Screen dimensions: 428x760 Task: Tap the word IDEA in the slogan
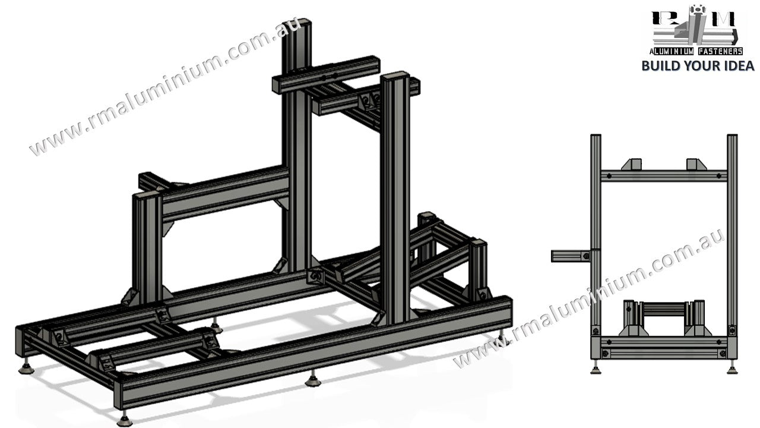[x=737, y=65]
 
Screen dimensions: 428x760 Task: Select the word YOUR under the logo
[x=699, y=65]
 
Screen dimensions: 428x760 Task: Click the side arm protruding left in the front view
[x=571, y=256]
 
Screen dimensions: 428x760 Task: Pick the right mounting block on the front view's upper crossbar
[x=695, y=165]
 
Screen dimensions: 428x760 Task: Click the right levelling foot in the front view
[x=731, y=370]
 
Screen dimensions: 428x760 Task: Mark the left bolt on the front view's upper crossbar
[x=608, y=175]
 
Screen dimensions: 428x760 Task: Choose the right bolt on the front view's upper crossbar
[x=718, y=175]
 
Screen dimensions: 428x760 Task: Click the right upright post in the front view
[x=732, y=238]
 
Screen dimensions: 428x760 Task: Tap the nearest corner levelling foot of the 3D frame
[x=125, y=420]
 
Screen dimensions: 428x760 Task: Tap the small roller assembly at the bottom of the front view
[x=663, y=318]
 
